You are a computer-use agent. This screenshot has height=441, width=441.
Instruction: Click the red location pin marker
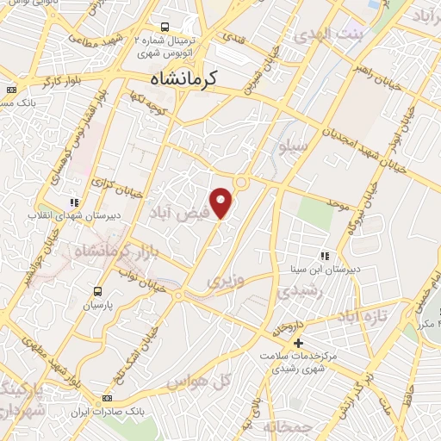pyautogui.click(x=222, y=202)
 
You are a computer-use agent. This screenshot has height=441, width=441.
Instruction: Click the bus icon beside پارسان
pyautogui.click(x=96, y=291)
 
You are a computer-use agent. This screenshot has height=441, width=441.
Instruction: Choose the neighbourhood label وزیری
pyautogui.click(x=227, y=282)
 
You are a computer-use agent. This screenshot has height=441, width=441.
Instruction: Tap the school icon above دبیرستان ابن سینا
pyautogui.click(x=325, y=256)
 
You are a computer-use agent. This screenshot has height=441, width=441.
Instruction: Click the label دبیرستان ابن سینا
pyautogui.click(x=325, y=270)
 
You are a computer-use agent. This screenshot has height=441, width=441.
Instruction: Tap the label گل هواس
pyautogui.click(x=198, y=380)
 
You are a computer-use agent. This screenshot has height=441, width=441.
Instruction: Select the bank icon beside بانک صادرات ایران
pyautogui.click(x=107, y=398)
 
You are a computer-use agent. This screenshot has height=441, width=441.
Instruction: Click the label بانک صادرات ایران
pyautogui.click(x=107, y=411)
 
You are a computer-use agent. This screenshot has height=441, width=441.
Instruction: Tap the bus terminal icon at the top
pyautogui.click(x=165, y=28)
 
